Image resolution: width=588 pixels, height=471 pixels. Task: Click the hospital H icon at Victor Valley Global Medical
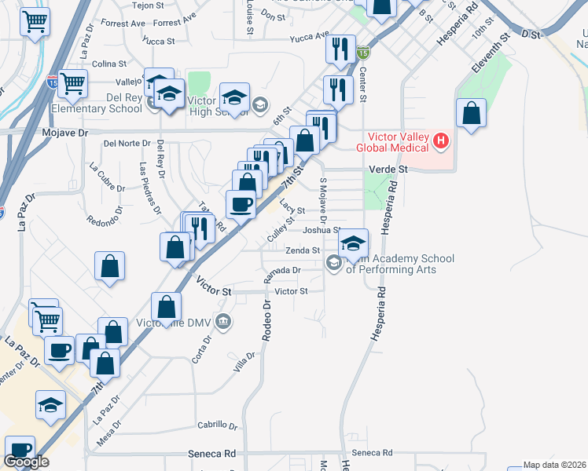tap(441, 141)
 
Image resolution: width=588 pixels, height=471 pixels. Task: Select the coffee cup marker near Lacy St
tap(241, 204)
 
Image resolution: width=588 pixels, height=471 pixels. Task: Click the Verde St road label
tap(388, 169)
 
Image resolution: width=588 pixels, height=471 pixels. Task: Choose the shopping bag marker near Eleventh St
tap(471, 113)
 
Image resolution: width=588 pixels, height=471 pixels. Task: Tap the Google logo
tap(26, 462)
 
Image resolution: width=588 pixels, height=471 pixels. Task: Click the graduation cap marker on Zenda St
tap(354, 243)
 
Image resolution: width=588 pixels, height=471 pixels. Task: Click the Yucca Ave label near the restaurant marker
tap(308, 37)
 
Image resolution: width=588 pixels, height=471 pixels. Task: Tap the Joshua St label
tap(320, 230)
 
